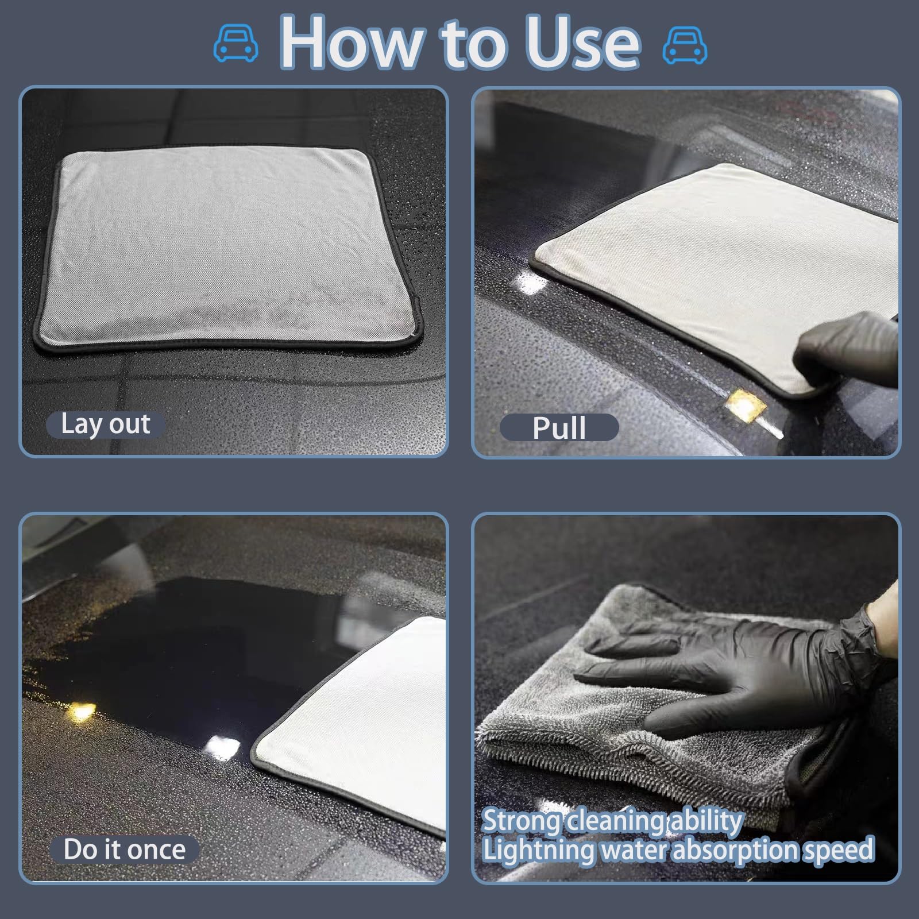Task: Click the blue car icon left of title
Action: coord(235,44)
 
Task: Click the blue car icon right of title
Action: coord(685,45)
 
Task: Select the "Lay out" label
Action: coord(105,425)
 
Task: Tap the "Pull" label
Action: coord(559,428)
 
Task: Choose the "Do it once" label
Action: coord(124,850)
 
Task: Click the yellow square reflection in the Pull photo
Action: coord(745,406)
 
